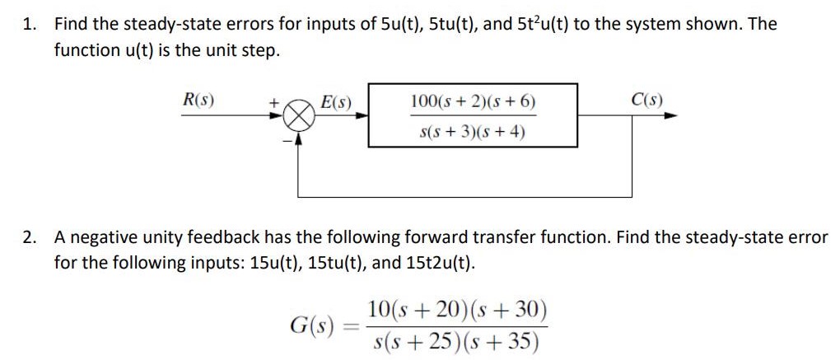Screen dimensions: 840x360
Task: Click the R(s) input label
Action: (x=198, y=101)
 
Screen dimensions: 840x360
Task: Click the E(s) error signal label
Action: (x=336, y=102)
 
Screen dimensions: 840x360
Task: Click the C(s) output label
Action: (x=646, y=101)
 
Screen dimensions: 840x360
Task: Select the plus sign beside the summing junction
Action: (x=273, y=102)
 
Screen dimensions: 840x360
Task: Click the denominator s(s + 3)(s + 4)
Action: (x=473, y=131)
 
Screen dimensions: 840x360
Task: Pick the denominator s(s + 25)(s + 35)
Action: (x=457, y=340)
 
